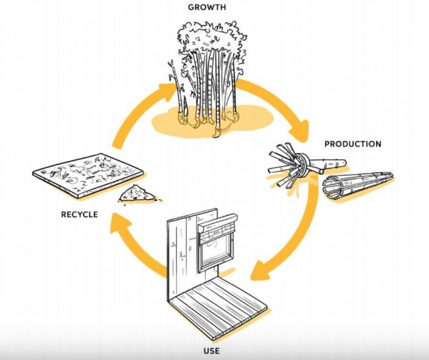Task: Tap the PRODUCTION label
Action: tap(352, 144)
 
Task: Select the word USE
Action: tap(211, 351)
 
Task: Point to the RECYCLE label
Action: tap(79, 214)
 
